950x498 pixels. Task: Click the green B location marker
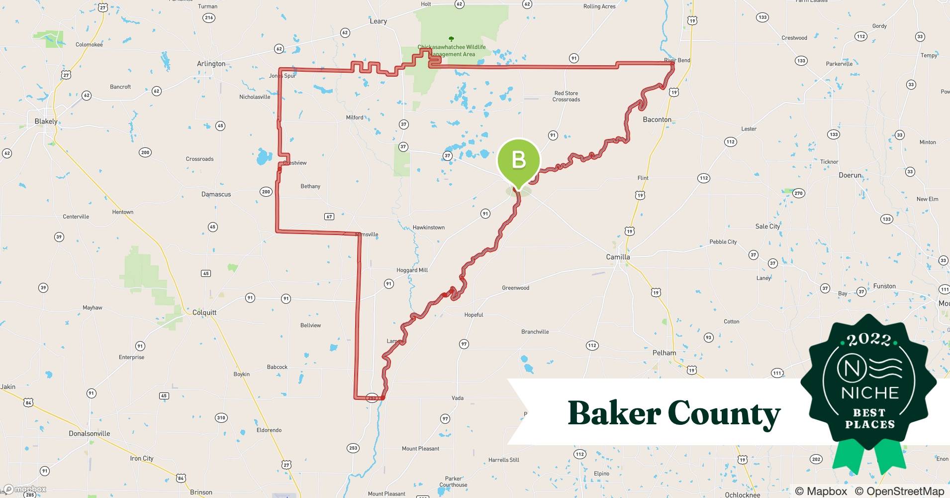[518, 160]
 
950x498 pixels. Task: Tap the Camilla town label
[618, 257]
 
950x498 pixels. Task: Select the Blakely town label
[46, 122]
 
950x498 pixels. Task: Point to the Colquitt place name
[204, 313]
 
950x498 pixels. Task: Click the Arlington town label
[211, 64]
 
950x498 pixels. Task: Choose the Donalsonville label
[90, 434]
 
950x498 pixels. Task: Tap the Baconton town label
[657, 120]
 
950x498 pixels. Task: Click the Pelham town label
[664, 353]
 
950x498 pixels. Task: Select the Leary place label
[378, 21]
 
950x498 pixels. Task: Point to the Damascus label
[216, 194]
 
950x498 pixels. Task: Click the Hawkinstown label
[428, 228]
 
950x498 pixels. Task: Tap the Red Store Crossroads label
[566, 96]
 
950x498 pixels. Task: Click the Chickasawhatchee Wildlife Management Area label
[452, 51]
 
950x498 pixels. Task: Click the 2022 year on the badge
[869, 340]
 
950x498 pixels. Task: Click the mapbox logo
[25, 490]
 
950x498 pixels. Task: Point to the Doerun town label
[850, 175]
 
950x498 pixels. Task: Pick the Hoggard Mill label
[412, 270]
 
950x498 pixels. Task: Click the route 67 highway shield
[329, 217]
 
